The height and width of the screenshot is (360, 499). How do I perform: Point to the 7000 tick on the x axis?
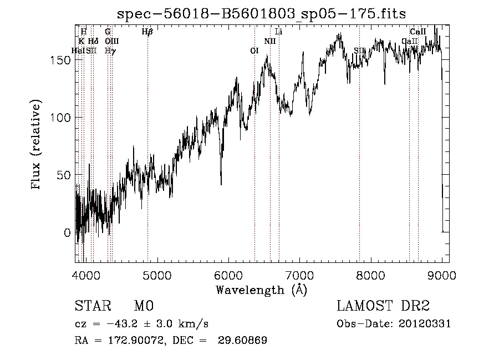coord(299,275)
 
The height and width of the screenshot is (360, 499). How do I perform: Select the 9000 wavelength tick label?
coord(442,275)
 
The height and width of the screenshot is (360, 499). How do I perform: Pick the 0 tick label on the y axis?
coord(67,233)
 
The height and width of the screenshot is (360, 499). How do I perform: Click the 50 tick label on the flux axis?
coord(64,175)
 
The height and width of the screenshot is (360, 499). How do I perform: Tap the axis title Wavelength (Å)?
coord(261,290)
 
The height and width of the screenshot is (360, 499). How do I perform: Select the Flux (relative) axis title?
coord(37,145)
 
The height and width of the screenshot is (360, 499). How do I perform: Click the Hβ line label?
coord(147,32)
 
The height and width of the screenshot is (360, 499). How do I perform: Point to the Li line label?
coord(279,32)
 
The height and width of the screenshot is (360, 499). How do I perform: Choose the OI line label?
coord(254,50)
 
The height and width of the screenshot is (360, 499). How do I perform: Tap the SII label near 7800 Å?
coord(359,50)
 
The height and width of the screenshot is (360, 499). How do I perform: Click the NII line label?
coord(270,41)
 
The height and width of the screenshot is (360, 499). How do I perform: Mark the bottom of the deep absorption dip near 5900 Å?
coord(221,184)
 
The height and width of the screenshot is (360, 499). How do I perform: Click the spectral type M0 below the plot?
coord(144,307)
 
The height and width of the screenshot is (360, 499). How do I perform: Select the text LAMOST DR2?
coord(383,307)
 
